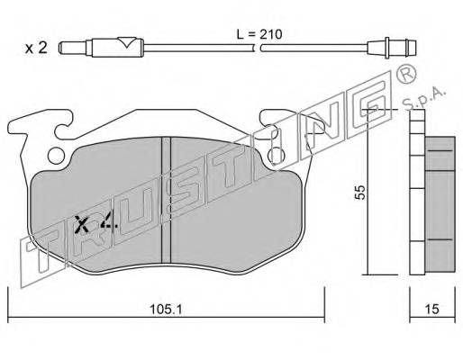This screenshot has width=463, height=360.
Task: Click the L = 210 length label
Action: tap(259, 34)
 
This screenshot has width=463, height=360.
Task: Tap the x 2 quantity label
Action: tap(36, 48)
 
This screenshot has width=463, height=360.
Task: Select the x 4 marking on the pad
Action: tap(95, 224)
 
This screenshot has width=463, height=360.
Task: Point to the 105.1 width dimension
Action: tap(166, 310)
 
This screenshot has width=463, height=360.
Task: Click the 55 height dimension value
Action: tap(360, 192)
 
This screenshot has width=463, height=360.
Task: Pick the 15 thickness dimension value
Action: tap(432, 310)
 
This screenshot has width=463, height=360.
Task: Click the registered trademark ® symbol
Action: tap(406, 75)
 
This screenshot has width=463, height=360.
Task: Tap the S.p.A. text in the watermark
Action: tap(424, 99)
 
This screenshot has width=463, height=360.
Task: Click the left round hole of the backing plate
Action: tap(56, 156)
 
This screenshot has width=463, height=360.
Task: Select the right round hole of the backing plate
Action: tap(277, 156)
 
